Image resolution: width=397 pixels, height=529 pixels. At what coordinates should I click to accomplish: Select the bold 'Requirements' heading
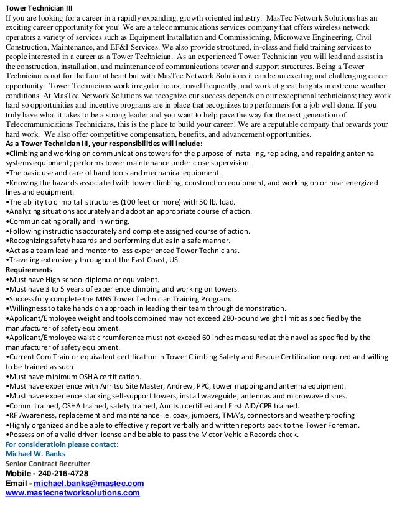pos(29,270)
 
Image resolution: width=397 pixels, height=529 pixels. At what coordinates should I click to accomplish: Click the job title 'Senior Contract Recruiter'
pos(47,463)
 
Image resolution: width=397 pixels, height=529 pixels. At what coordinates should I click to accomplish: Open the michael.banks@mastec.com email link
pos(89,484)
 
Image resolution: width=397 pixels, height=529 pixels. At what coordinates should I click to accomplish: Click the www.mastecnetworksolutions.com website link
pos(72,493)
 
